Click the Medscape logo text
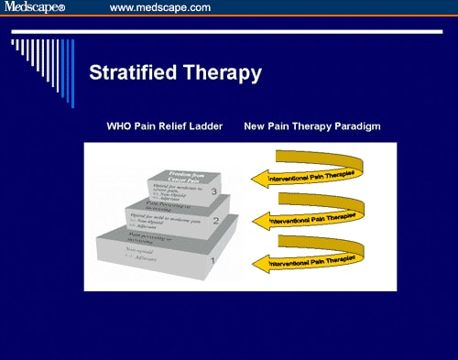tap(38, 7)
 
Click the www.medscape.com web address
tap(159, 7)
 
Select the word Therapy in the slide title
tap(223, 72)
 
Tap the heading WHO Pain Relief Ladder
tap(165, 125)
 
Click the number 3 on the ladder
tap(213, 191)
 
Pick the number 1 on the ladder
tap(213, 261)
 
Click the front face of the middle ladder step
tap(169, 222)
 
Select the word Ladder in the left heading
tap(206, 125)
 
